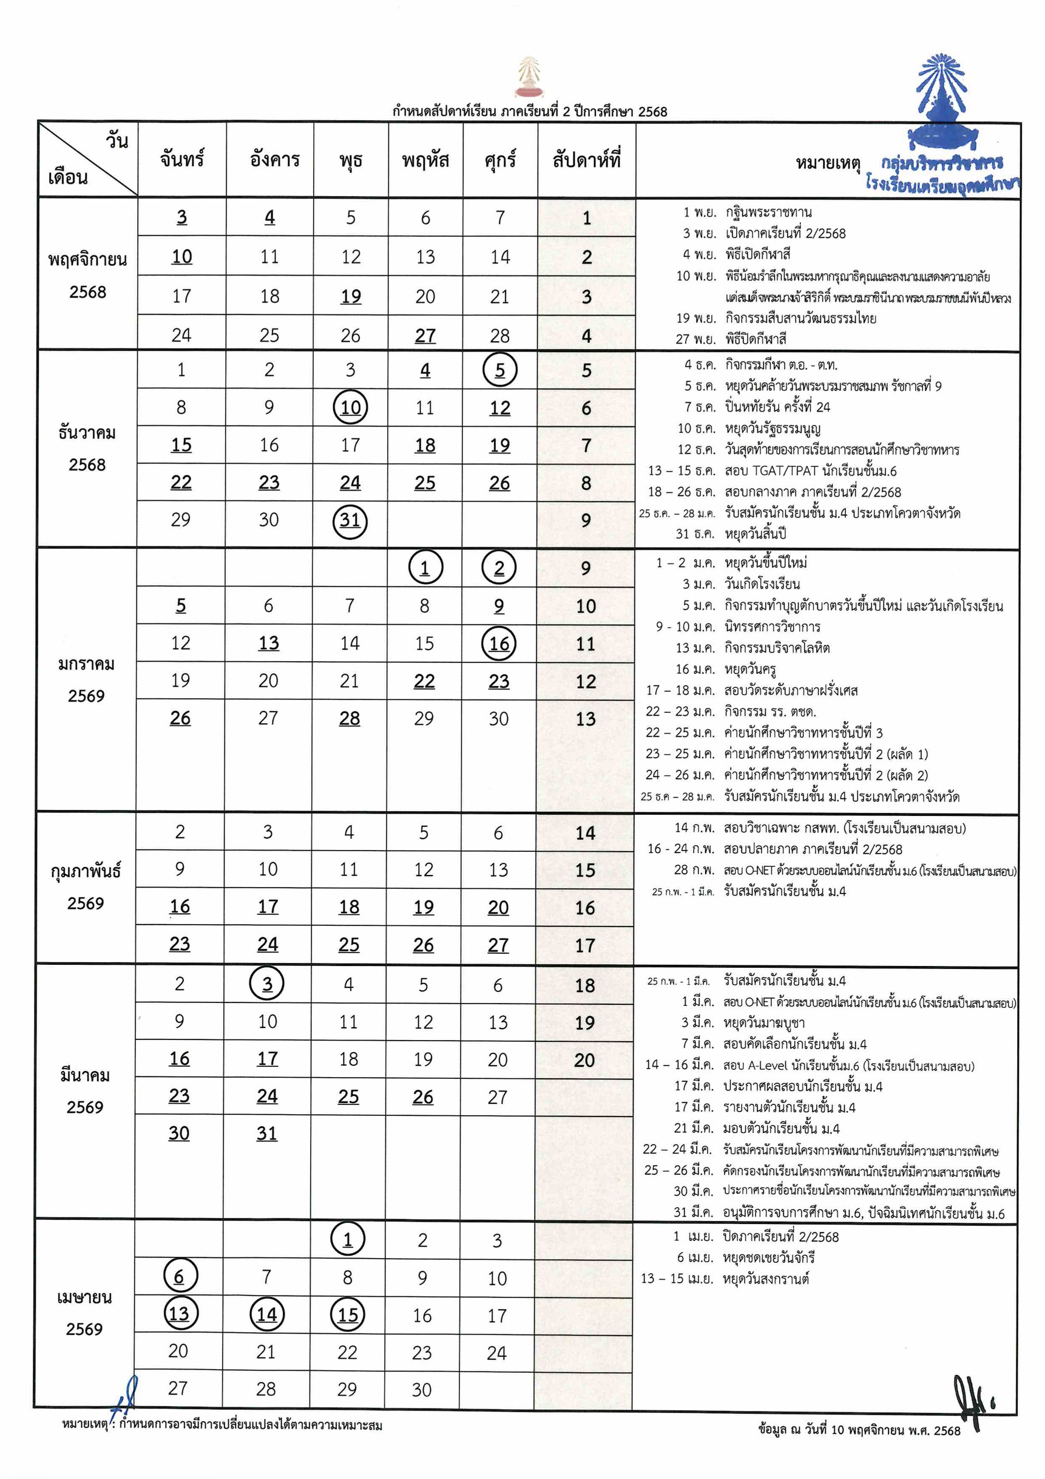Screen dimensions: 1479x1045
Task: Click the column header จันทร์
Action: click(x=182, y=159)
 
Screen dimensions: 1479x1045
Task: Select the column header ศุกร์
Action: click(x=499, y=159)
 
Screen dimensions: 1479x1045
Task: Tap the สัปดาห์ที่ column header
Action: click(x=586, y=159)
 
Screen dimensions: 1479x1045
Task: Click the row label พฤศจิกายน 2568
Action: click(x=87, y=275)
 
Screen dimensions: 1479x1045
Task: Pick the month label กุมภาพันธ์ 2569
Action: click(x=86, y=886)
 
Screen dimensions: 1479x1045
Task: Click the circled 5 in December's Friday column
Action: click(x=499, y=370)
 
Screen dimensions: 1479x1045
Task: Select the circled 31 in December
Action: click(x=350, y=520)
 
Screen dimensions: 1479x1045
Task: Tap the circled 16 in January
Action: click(x=499, y=643)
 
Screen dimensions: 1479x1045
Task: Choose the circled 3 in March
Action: click(x=267, y=984)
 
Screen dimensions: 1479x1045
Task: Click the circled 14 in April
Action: click(x=266, y=1314)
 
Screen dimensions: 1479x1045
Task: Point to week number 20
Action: click(x=584, y=1059)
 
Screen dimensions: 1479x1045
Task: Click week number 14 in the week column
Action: click(x=585, y=833)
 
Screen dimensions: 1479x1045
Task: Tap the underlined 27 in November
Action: click(x=425, y=336)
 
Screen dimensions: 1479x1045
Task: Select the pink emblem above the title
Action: click(x=528, y=77)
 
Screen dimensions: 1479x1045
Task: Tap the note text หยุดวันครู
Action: click(x=750, y=669)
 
